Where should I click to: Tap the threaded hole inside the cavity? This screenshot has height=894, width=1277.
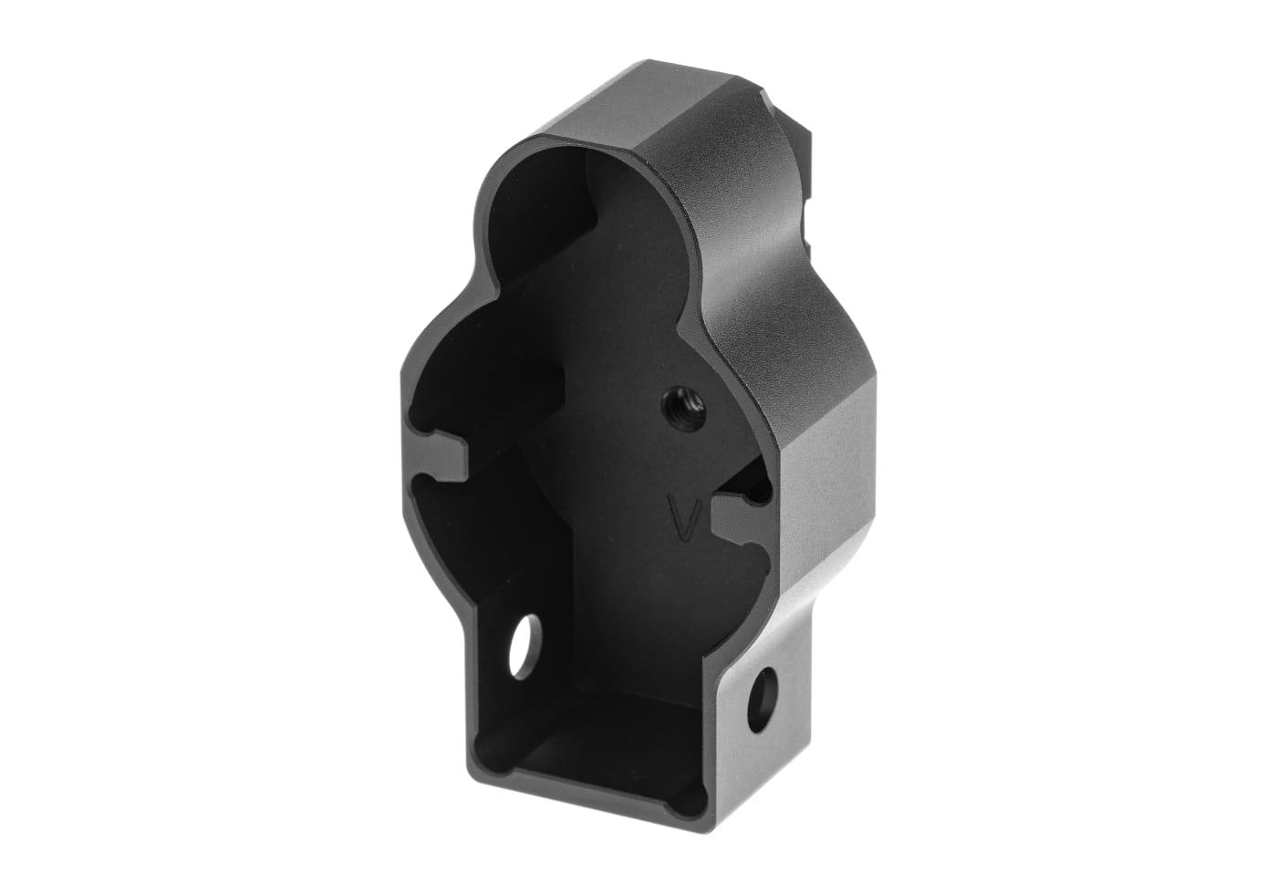[x=683, y=408]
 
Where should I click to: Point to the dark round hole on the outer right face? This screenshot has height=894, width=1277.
[x=762, y=700]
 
